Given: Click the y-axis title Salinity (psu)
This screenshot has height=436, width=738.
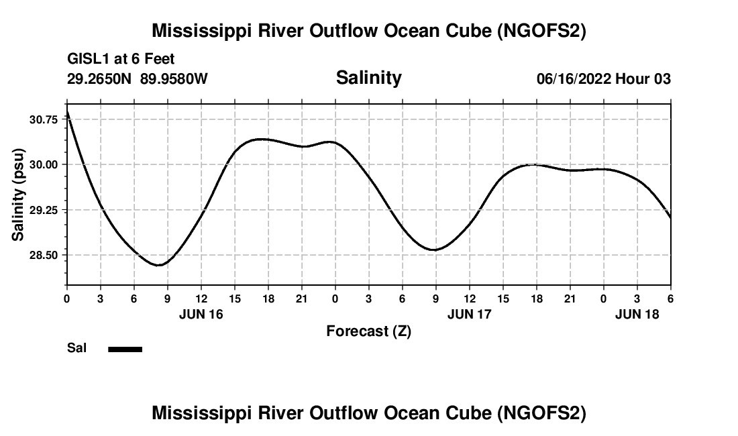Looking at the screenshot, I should point(18,195).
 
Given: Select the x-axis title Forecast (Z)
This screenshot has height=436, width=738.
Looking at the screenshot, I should point(368,331).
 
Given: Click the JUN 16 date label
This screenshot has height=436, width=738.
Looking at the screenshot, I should point(201,314).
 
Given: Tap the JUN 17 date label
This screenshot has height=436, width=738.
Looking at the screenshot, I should point(469,314).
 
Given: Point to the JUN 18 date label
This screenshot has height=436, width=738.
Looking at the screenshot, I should point(637,314).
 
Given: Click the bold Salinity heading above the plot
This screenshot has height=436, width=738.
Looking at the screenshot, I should point(368,78).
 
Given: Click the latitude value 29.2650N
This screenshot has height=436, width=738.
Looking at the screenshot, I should point(99,79).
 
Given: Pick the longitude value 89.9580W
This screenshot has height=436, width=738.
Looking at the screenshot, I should point(174,79).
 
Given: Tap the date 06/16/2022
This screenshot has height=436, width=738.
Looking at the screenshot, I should point(573,79).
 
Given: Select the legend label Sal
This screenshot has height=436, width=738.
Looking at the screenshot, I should point(76,348).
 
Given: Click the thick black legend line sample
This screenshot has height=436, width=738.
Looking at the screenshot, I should point(125,349).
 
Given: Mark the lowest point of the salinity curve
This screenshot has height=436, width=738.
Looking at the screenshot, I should point(158,265).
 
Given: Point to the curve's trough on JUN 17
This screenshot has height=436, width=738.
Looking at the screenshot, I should point(435,250).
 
